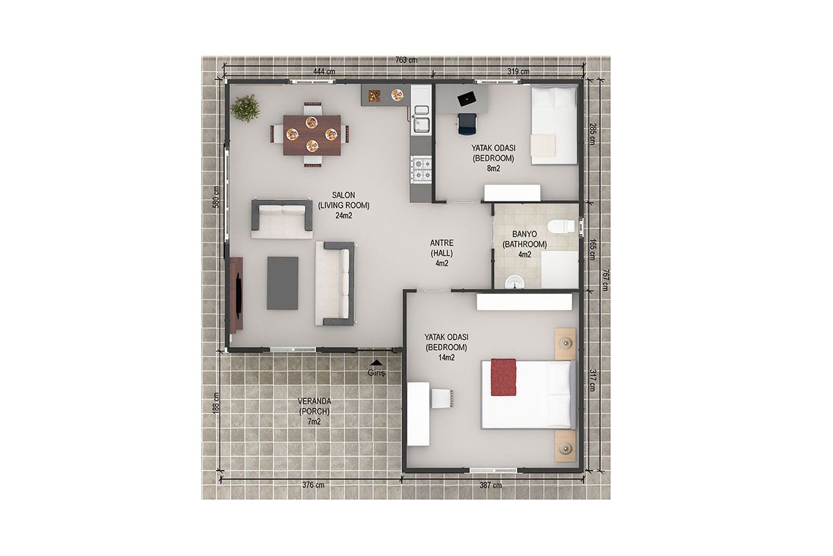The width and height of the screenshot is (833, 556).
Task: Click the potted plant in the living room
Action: [245, 108]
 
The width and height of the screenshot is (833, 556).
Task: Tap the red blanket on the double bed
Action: [503, 377]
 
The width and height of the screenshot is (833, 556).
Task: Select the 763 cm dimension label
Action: [406, 60]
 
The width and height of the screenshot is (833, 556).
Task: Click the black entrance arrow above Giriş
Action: [377, 362]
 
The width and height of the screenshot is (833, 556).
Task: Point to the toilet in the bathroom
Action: [561, 227]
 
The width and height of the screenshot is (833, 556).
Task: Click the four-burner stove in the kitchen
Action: [421, 170]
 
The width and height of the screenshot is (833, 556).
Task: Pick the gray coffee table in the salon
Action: [283, 283]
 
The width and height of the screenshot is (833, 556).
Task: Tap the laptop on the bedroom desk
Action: [467, 98]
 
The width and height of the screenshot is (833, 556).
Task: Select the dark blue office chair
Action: [466, 124]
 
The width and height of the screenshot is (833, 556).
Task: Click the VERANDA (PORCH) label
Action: [314, 407]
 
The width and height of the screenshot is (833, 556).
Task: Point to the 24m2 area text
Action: [344, 215]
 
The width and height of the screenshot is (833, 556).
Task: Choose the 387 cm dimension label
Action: [491, 485]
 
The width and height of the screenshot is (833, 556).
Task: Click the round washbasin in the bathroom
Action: [514, 282]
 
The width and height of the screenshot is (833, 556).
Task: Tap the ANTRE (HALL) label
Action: [441, 248]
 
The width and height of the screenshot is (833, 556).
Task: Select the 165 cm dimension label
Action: [591, 249]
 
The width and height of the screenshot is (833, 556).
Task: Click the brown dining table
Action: [312, 135]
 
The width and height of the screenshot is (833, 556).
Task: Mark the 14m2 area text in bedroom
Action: [446, 358]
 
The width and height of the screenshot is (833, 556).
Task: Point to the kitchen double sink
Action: [421, 118]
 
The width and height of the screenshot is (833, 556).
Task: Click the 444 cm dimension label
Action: [324, 71]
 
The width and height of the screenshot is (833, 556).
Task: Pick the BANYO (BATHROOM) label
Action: [525, 239]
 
